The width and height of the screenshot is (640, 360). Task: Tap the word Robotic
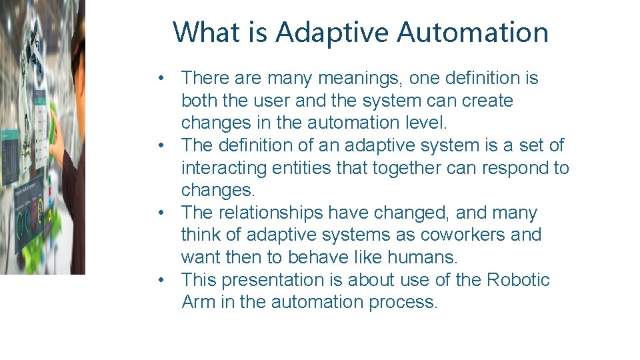pyautogui.click(x=518, y=279)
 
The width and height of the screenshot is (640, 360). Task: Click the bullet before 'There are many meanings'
pyautogui.click(x=162, y=79)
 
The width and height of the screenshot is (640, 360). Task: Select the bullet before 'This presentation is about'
pyautogui.click(x=162, y=279)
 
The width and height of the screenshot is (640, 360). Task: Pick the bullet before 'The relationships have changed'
pyautogui.click(x=162, y=213)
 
